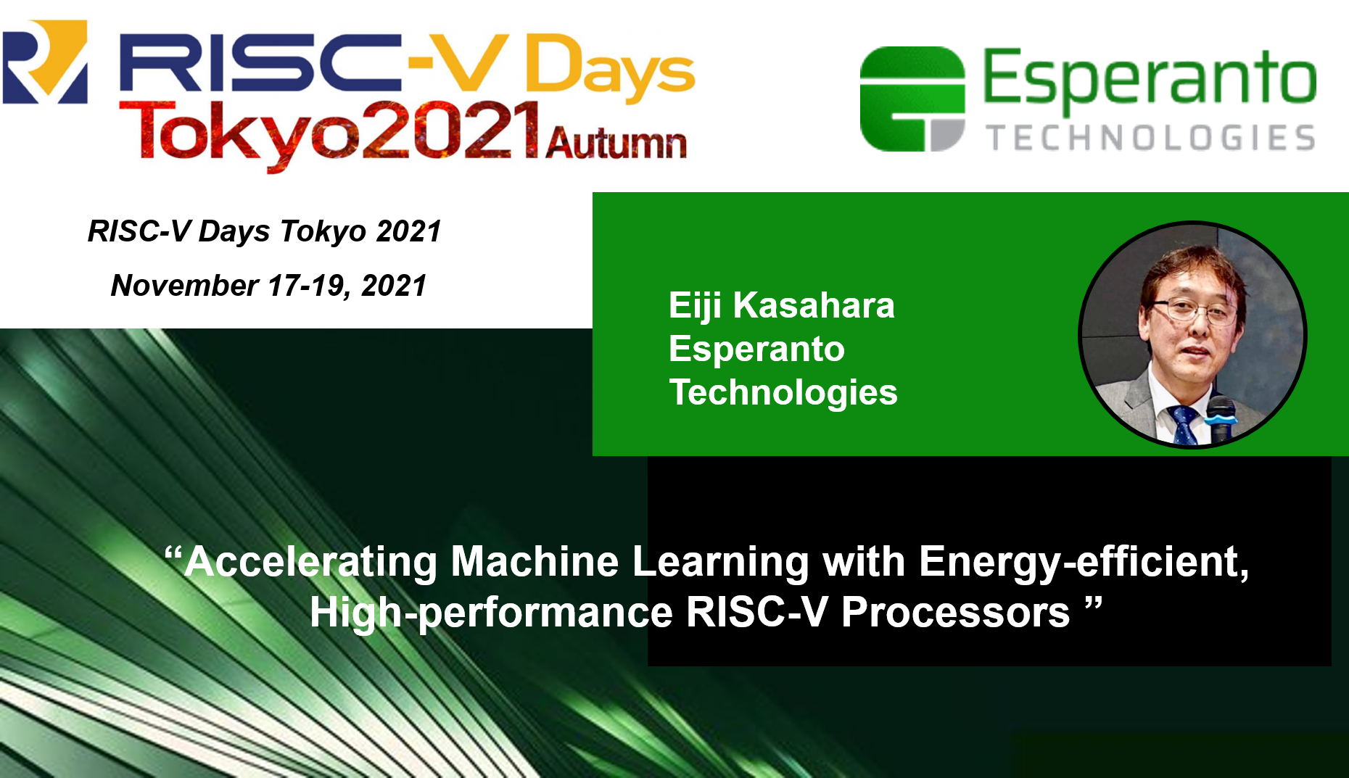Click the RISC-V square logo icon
pyautogui.click(x=45, y=62)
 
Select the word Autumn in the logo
pyautogui.click(x=616, y=143)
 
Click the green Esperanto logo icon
pyautogui.click(x=912, y=99)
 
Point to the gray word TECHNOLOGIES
pyautogui.click(x=1151, y=138)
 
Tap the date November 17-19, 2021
pyautogui.click(x=269, y=286)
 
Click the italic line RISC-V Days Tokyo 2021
pyautogui.click(x=265, y=231)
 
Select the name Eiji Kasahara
pyautogui.click(x=781, y=306)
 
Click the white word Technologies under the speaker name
pyautogui.click(x=783, y=393)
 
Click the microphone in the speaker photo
pyautogui.click(x=1221, y=419)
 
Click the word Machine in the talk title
pyautogui.click(x=535, y=562)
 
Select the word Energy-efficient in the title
pyautogui.click(x=1084, y=563)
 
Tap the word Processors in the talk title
pyautogui.click(x=956, y=613)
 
